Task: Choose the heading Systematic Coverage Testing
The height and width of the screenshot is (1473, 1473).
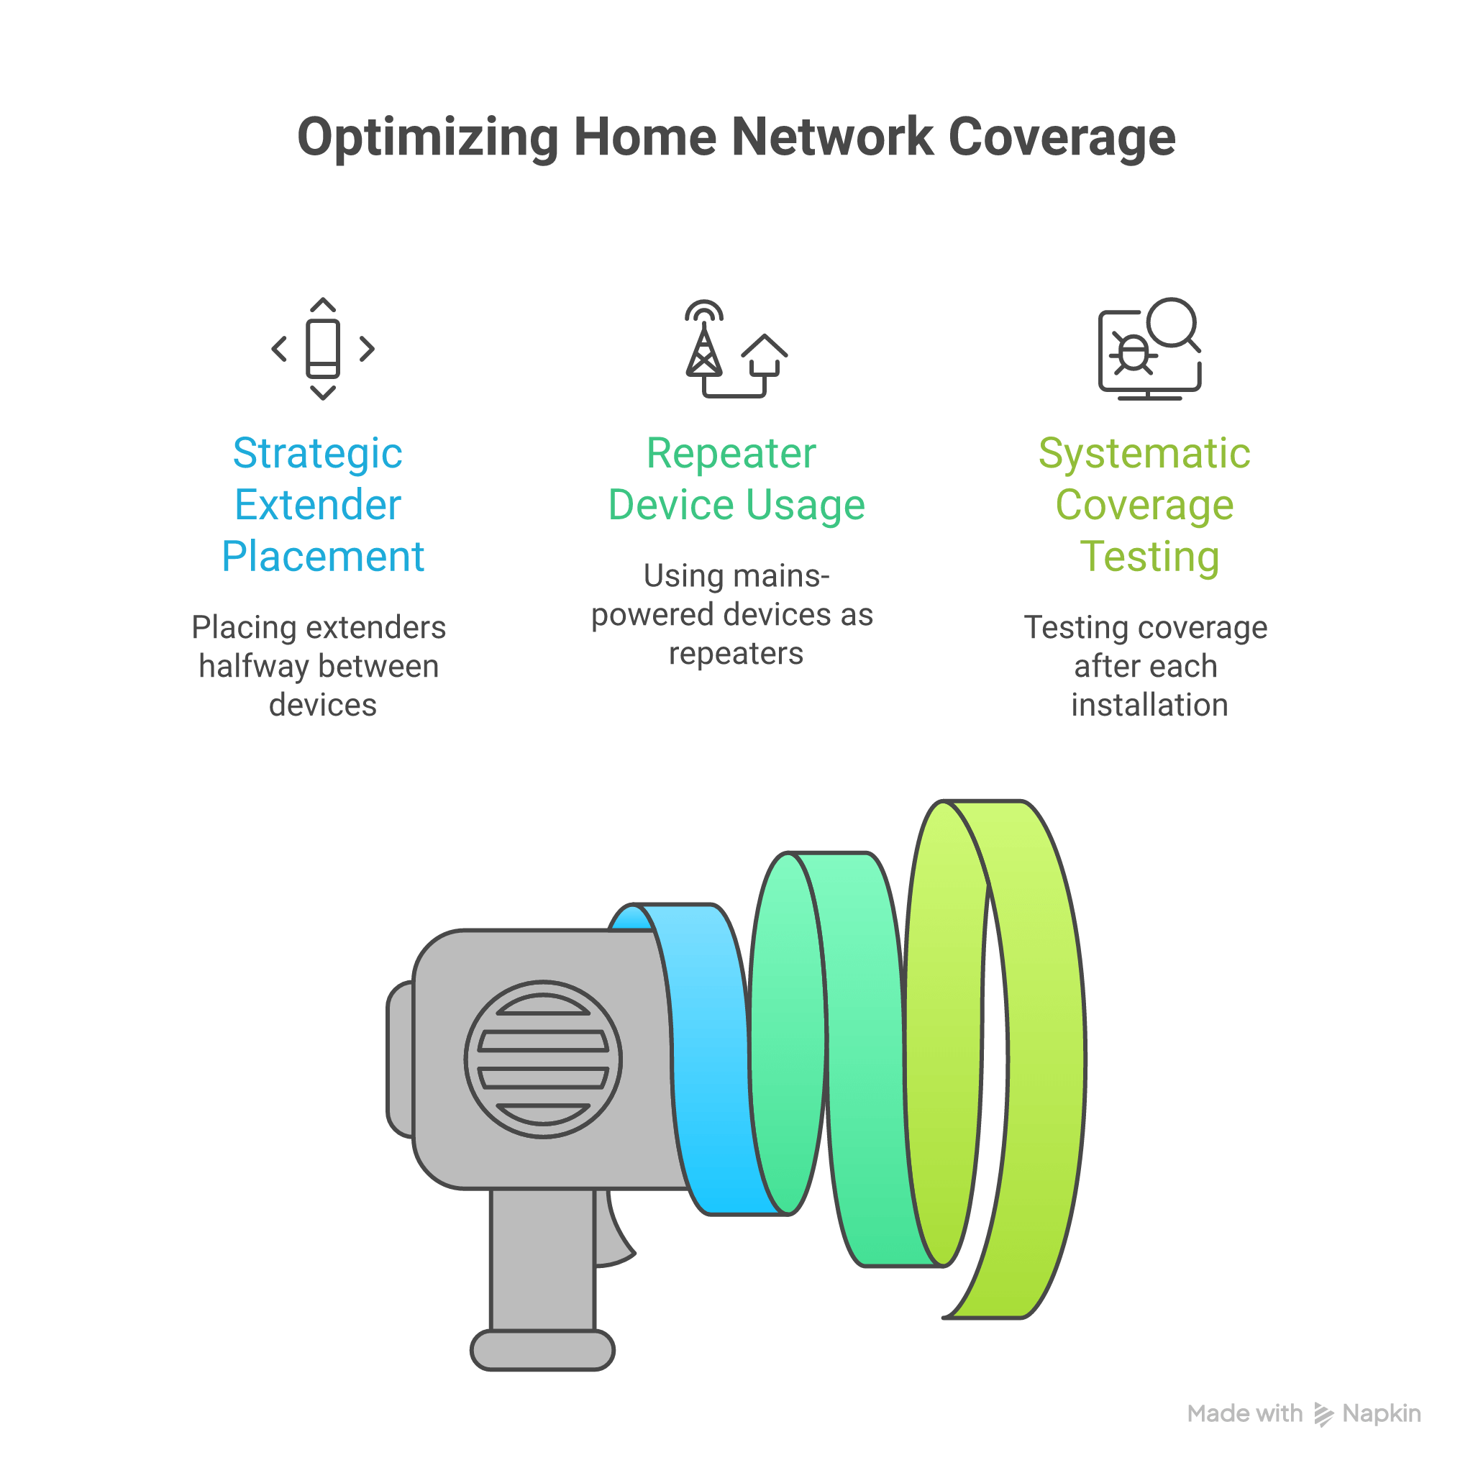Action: point(1145,505)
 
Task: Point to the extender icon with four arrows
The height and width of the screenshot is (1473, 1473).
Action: point(323,349)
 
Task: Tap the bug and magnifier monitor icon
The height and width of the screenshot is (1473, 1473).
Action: point(1149,349)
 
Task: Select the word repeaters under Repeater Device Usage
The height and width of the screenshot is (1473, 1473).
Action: point(736,653)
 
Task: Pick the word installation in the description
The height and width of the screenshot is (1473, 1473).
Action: point(1149,706)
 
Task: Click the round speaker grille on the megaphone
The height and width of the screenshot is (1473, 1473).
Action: point(543,1059)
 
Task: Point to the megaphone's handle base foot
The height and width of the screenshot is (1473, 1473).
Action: point(542,1350)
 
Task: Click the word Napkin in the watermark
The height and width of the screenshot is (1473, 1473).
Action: point(1382,1413)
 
